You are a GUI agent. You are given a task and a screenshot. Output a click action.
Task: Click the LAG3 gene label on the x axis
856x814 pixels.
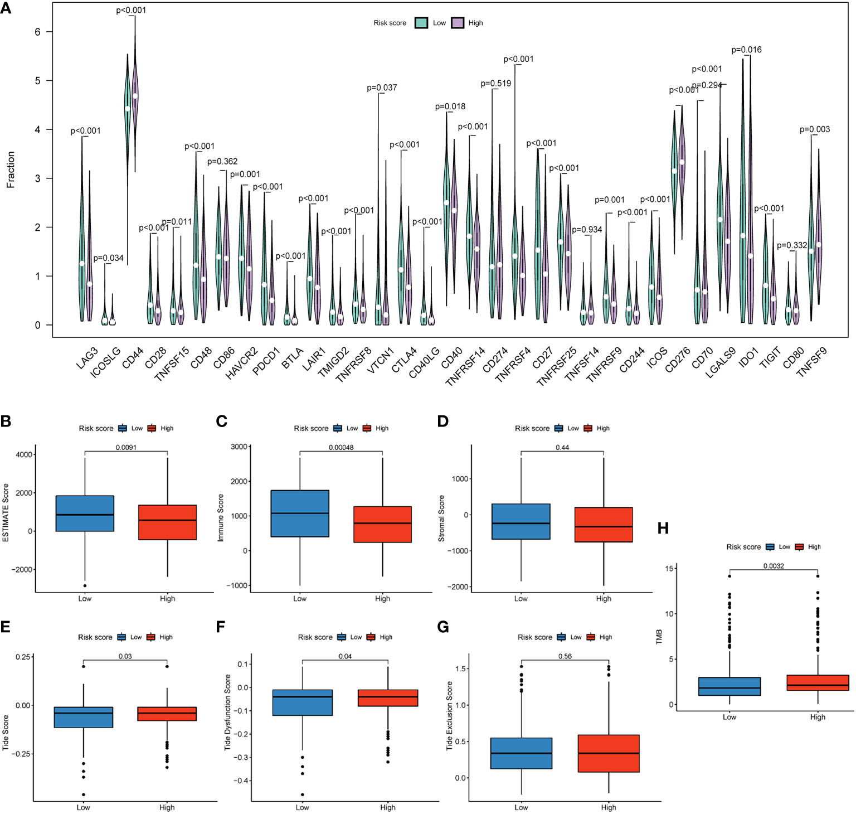pos(87,358)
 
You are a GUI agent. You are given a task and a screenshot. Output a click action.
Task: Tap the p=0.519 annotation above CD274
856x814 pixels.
pos(495,84)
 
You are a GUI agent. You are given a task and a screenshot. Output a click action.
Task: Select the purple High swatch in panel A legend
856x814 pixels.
pos(458,23)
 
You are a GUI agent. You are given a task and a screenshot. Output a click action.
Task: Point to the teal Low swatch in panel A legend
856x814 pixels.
pos(421,23)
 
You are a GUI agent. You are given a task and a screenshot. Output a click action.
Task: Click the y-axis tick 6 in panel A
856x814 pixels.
pos(37,32)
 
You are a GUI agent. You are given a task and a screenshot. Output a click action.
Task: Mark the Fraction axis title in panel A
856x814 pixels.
pos(11,169)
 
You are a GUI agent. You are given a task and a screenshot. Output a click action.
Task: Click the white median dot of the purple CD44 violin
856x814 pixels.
pos(135,96)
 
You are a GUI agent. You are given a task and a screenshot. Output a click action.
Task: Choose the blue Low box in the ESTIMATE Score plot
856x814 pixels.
pos(85,513)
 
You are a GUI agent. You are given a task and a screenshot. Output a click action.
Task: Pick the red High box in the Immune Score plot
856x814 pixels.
pos(382,524)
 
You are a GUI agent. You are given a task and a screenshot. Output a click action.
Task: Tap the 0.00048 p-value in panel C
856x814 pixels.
pos(341,448)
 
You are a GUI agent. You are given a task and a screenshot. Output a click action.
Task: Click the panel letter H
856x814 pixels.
pos(663,529)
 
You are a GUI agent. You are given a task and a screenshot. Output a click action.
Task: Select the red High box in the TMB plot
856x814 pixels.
pos(818,682)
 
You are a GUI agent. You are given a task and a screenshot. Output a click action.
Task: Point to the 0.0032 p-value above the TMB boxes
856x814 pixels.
pos(774,566)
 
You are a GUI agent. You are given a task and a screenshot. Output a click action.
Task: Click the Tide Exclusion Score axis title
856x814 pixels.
pos(449,716)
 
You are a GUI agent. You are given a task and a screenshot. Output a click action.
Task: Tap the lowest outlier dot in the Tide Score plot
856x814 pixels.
pos(84,794)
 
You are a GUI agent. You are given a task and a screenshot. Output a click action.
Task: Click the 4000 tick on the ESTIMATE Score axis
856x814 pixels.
pos(24,455)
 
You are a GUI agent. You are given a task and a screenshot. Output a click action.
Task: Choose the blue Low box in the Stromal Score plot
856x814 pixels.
pos(521,521)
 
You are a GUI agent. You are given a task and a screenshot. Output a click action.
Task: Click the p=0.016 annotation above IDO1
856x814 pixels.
pos(746,50)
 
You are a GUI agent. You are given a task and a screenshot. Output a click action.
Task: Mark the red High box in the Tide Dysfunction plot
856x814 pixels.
pos(388,698)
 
